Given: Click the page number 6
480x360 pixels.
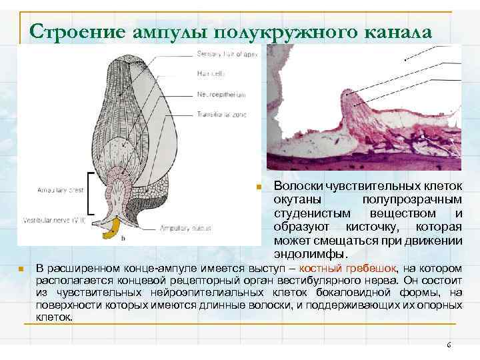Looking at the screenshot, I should (449, 345).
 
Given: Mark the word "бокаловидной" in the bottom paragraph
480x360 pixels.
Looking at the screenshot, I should (336, 292).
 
